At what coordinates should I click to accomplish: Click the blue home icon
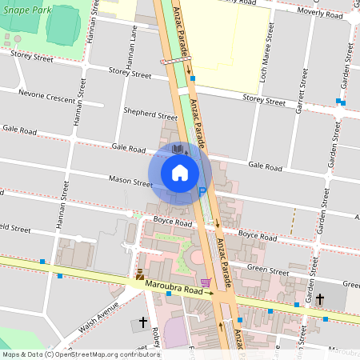coord(180,172)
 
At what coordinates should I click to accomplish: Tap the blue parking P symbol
coord(202,190)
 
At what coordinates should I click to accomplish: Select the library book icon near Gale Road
coord(178,150)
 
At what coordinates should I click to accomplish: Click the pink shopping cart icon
coord(206,282)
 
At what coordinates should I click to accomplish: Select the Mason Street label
coord(130,182)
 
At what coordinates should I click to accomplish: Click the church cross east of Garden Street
coord(320,299)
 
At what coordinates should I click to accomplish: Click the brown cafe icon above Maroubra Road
coord(140,274)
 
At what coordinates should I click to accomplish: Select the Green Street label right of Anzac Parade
coord(266,268)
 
